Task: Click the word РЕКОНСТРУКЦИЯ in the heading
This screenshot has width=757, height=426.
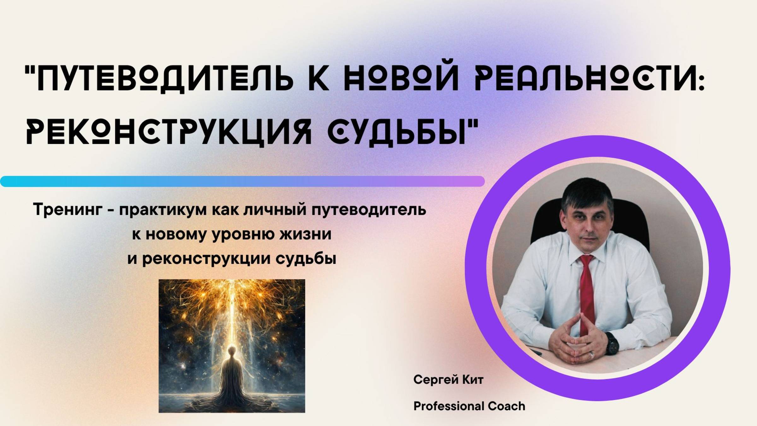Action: [169, 134]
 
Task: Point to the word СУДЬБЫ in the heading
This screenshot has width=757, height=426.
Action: [397, 134]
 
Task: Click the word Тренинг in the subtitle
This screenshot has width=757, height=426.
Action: [68, 210]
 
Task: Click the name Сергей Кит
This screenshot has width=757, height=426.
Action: [448, 380]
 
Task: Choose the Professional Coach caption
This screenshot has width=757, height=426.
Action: [469, 406]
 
